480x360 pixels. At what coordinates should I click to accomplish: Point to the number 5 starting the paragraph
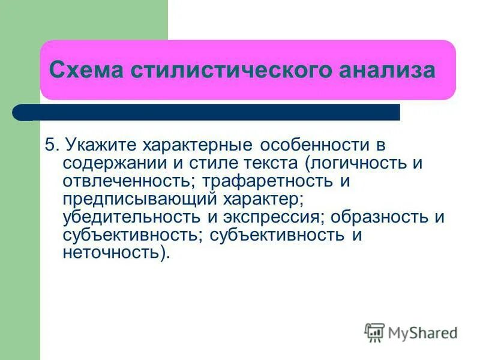pos(50,146)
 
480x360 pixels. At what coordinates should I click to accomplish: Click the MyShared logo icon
pos(374,332)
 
